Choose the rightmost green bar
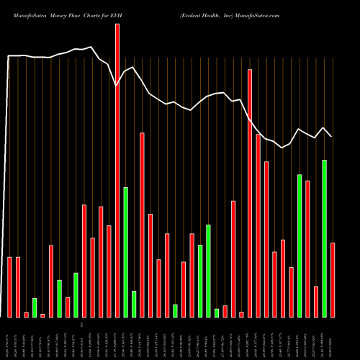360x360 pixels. coord(325,238)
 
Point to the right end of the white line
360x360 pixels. coord(331,136)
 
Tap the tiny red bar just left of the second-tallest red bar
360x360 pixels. coord(242,314)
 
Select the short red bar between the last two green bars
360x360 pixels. coord(316,301)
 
